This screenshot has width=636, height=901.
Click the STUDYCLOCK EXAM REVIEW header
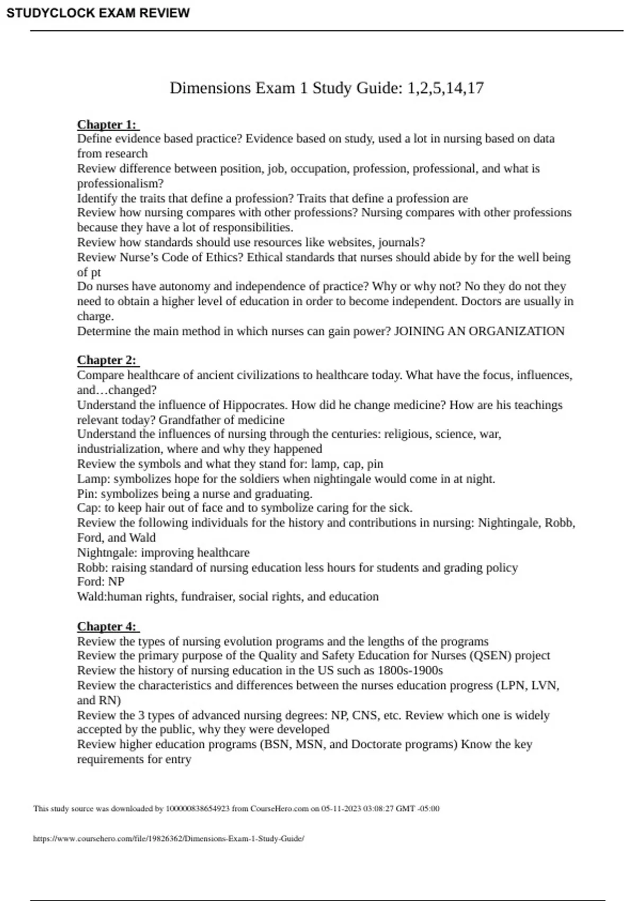tap(98, 13)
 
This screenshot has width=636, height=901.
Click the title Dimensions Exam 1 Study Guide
tap(326, 88)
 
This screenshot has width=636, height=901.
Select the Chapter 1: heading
tap(107, 125)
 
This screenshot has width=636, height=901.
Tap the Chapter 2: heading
tap(107, 360)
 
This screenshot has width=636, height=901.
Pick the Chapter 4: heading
tap(107, 626)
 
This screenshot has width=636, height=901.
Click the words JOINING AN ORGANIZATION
tap(479, 331)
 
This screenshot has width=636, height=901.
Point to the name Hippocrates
tap(254, 405)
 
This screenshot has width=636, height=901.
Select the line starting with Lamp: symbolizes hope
tap(286, 479)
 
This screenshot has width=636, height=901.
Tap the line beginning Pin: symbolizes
tap(195, 494)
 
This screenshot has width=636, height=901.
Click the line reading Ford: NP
tap(101, 581)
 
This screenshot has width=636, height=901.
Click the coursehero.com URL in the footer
tap(169, 838)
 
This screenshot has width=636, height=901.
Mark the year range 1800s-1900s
tap(410, 670)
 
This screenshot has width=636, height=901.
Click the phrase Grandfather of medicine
tap(222, 420)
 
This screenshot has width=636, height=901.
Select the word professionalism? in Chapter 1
tap(120, 184)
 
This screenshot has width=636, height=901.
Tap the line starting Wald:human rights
tap(228, 597)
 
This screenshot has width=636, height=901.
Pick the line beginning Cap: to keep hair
tap(244, 508)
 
